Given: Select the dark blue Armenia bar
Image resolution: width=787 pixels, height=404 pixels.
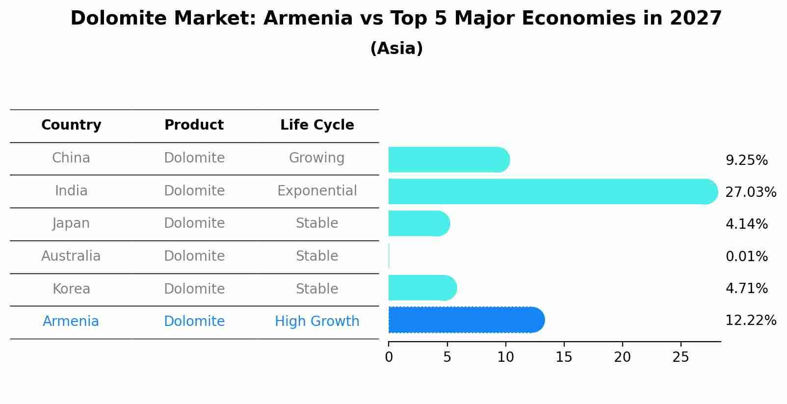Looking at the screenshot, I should [466, 320].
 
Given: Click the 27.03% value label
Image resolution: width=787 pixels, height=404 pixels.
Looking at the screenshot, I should [750, 192].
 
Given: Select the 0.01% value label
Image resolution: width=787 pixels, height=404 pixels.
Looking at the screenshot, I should [746, 256].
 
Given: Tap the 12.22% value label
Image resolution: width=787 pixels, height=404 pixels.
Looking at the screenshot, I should [750, 321].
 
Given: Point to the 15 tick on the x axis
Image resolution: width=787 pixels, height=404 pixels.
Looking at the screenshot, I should [564, 357].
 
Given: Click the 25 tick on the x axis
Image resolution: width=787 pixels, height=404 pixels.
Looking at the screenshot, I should [681, 357].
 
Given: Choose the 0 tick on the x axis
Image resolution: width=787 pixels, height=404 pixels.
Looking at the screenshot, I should [389, 357].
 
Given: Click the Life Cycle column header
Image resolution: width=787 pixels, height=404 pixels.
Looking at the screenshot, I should [317, 125].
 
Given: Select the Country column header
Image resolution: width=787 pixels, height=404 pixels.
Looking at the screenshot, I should [71, 125].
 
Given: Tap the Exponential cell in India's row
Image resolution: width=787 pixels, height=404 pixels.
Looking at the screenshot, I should [317, 190].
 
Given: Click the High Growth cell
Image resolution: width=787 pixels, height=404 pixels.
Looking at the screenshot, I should [317, 322].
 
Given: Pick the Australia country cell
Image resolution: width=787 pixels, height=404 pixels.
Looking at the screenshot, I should [71, 256].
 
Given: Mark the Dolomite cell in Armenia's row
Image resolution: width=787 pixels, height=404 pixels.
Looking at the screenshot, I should [194, 322].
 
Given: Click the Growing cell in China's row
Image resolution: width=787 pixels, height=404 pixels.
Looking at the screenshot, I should [317, 158].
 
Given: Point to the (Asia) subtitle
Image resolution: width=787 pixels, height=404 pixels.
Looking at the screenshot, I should [396, 49].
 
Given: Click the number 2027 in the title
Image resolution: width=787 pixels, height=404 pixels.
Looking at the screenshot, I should [696, 19].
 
